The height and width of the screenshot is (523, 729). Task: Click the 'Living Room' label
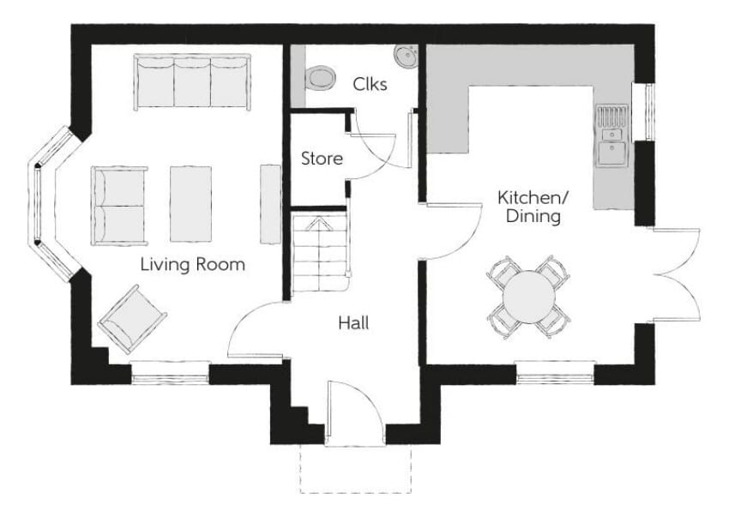click(x=192, y=265)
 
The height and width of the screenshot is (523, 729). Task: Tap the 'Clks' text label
click(x=370, y=84)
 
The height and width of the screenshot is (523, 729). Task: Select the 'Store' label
click(x=322, y=159)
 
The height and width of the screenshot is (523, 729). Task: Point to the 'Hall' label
click(x=354, y=323)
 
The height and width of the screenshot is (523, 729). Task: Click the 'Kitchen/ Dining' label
click(x=533, y=207)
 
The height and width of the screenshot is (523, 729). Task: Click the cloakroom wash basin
click(x=406, y=57)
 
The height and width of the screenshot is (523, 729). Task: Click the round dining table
click(x=529, y=297)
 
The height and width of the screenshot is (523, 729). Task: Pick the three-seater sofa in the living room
click(x=192, y=82)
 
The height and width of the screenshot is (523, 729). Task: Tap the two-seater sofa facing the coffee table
click(x=119, y=206)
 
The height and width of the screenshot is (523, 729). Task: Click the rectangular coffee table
click(x=191, y=203)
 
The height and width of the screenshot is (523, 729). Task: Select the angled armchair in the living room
click(x=132, y=319)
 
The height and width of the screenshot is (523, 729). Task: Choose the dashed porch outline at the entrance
click(x=356, y=469)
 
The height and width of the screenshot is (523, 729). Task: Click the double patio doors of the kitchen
click(x=677, y=275)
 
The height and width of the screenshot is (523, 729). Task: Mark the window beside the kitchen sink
click(x=650, y=111)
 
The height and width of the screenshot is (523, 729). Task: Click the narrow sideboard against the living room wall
click(x=270, y=203)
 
